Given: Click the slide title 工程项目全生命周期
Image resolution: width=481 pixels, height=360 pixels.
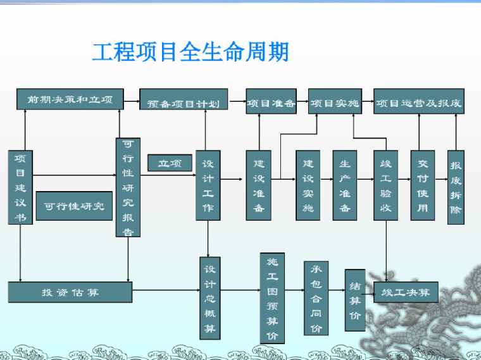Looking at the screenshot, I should point(191,51).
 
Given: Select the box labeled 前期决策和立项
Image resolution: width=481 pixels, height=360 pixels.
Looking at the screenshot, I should point(70,99).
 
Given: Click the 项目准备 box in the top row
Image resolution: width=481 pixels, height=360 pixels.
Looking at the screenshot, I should point(271,101).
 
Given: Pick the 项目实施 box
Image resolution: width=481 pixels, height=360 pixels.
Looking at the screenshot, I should point(335,101).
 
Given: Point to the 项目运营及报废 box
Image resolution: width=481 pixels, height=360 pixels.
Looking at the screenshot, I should point(418,101).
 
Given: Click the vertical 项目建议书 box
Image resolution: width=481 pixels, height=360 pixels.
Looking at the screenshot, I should point(20,187).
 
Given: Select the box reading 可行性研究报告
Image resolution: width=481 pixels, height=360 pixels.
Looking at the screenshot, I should point(128,187).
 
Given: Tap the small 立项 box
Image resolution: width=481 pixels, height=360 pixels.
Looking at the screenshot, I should point(170,163).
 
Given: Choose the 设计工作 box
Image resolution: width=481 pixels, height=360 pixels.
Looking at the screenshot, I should point(208,185).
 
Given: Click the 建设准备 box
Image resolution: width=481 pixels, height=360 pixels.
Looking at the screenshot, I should point(259,185).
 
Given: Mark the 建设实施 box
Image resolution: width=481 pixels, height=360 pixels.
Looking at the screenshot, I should point(308,185).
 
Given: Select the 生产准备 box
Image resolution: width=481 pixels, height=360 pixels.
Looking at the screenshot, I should point(345,185).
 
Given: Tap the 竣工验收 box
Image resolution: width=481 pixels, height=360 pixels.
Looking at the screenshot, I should point(385,185).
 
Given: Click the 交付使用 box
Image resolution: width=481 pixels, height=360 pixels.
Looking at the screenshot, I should point(422,185).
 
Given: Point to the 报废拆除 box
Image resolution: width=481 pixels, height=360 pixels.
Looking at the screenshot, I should point(456,187).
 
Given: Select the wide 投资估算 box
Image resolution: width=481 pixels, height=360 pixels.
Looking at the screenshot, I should point(70,292).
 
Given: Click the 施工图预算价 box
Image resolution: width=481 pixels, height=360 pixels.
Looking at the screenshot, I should point(272,298).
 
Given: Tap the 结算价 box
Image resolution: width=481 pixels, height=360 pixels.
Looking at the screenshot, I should point(355,300).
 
